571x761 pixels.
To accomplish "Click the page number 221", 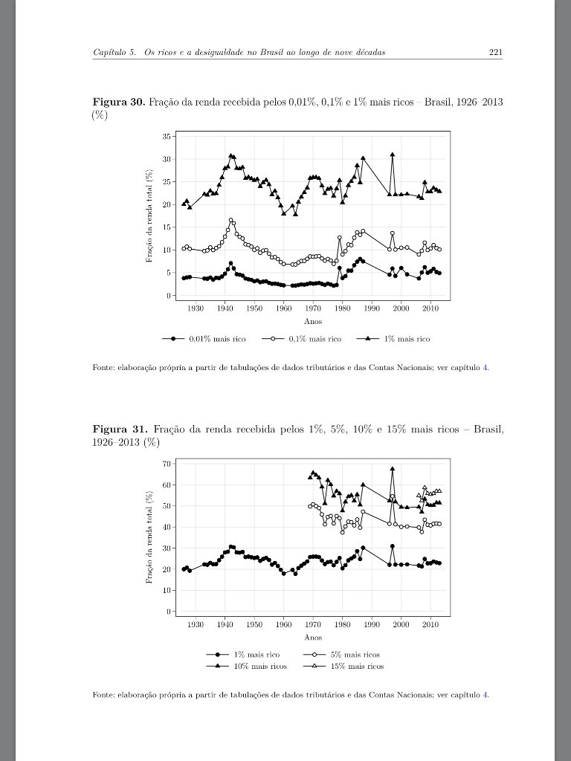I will [495, 52].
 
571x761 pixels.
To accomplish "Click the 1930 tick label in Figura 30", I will [195, 308].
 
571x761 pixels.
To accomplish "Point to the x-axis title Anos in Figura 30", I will [312, 322].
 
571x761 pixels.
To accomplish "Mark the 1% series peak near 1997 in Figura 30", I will [392, 155].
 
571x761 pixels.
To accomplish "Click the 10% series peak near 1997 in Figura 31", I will [392, 469].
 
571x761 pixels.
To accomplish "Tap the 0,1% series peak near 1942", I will [231, 220].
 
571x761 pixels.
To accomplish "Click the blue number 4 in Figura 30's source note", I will [485, 367].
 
